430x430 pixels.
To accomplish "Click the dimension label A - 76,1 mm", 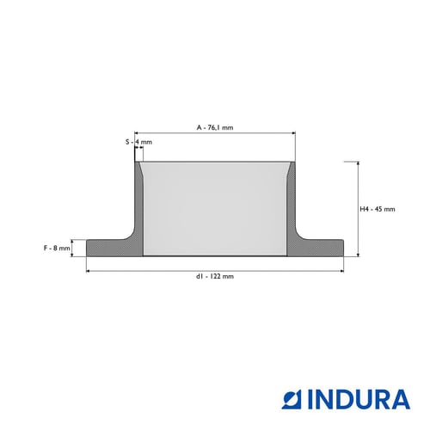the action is pos(215,127).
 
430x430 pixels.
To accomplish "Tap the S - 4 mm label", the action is pos(138,142).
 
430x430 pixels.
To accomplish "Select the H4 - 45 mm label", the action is pos(378,209).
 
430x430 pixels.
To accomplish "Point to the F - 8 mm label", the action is pos(57,248).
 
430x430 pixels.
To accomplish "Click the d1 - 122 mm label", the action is pos(215,276).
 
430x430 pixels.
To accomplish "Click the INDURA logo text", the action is pos(359,399).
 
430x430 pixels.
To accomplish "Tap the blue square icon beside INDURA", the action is pos(291,399).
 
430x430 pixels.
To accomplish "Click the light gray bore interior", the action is pos(215,209).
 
